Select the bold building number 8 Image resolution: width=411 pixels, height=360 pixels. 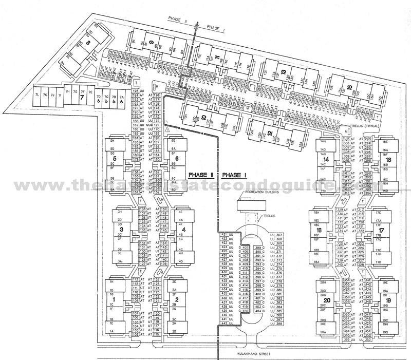pos(88,43)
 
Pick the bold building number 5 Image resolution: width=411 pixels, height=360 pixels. pos(116,159)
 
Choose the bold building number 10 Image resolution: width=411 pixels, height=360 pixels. pos(204,118)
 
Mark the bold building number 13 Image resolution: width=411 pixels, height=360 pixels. pos(283,72)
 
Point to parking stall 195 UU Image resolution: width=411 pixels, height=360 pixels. pos(136,91)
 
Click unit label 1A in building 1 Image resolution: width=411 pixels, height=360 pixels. pos(111,331)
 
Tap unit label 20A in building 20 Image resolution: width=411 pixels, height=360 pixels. pos(323,332)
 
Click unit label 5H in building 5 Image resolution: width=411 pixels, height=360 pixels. pos(111,140)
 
